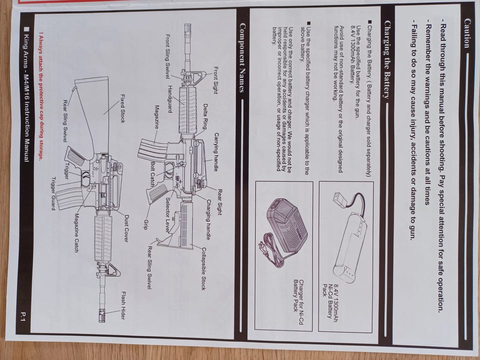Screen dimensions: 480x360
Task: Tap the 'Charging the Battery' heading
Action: point(387,59)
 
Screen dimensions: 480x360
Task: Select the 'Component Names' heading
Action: point(242,57)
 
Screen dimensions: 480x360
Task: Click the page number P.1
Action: point(23,316)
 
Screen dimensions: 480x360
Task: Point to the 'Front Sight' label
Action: point(215,80)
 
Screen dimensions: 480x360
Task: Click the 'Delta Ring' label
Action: point(205,116)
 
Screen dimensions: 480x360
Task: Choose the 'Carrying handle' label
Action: point(216,152)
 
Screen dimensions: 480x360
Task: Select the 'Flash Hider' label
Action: point(123,305)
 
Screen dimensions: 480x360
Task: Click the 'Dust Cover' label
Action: point(126,228)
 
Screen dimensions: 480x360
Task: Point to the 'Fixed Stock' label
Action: point(122,108)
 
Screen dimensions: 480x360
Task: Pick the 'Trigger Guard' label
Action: point(53,193)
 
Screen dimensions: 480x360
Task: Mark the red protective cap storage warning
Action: point(40,96)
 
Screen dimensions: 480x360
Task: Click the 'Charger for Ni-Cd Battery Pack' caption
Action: point(298,295)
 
